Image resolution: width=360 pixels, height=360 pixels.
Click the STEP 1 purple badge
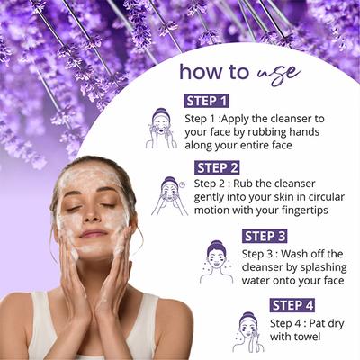[x=207, y=101]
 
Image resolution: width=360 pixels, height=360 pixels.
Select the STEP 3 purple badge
[x=266, y=236]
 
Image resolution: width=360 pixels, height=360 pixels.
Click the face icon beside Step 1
[x=161, y=129]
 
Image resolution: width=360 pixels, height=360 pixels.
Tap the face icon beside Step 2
[x=169, y=194]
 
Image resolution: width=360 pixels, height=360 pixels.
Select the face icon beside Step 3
[x=217, y=262]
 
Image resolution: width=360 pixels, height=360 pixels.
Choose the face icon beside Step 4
[x=248, y=331]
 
